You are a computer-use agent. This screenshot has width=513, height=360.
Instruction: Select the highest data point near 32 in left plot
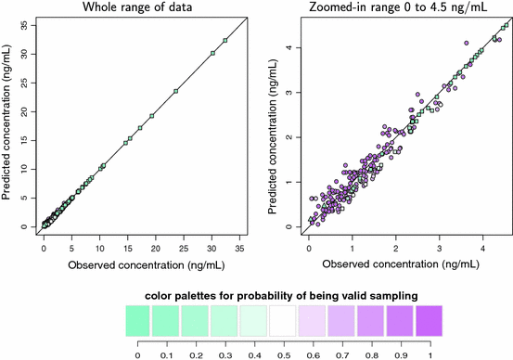click(x=224, y=40)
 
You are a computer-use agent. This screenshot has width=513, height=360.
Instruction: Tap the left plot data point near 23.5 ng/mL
click(x=175, y=91)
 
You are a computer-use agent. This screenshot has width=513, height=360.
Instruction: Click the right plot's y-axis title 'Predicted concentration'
click(x=270, y=125)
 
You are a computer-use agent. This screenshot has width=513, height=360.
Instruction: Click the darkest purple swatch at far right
click(x=426, y=321)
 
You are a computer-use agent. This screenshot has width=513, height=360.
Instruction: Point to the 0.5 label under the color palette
click(x=282, y=353)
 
